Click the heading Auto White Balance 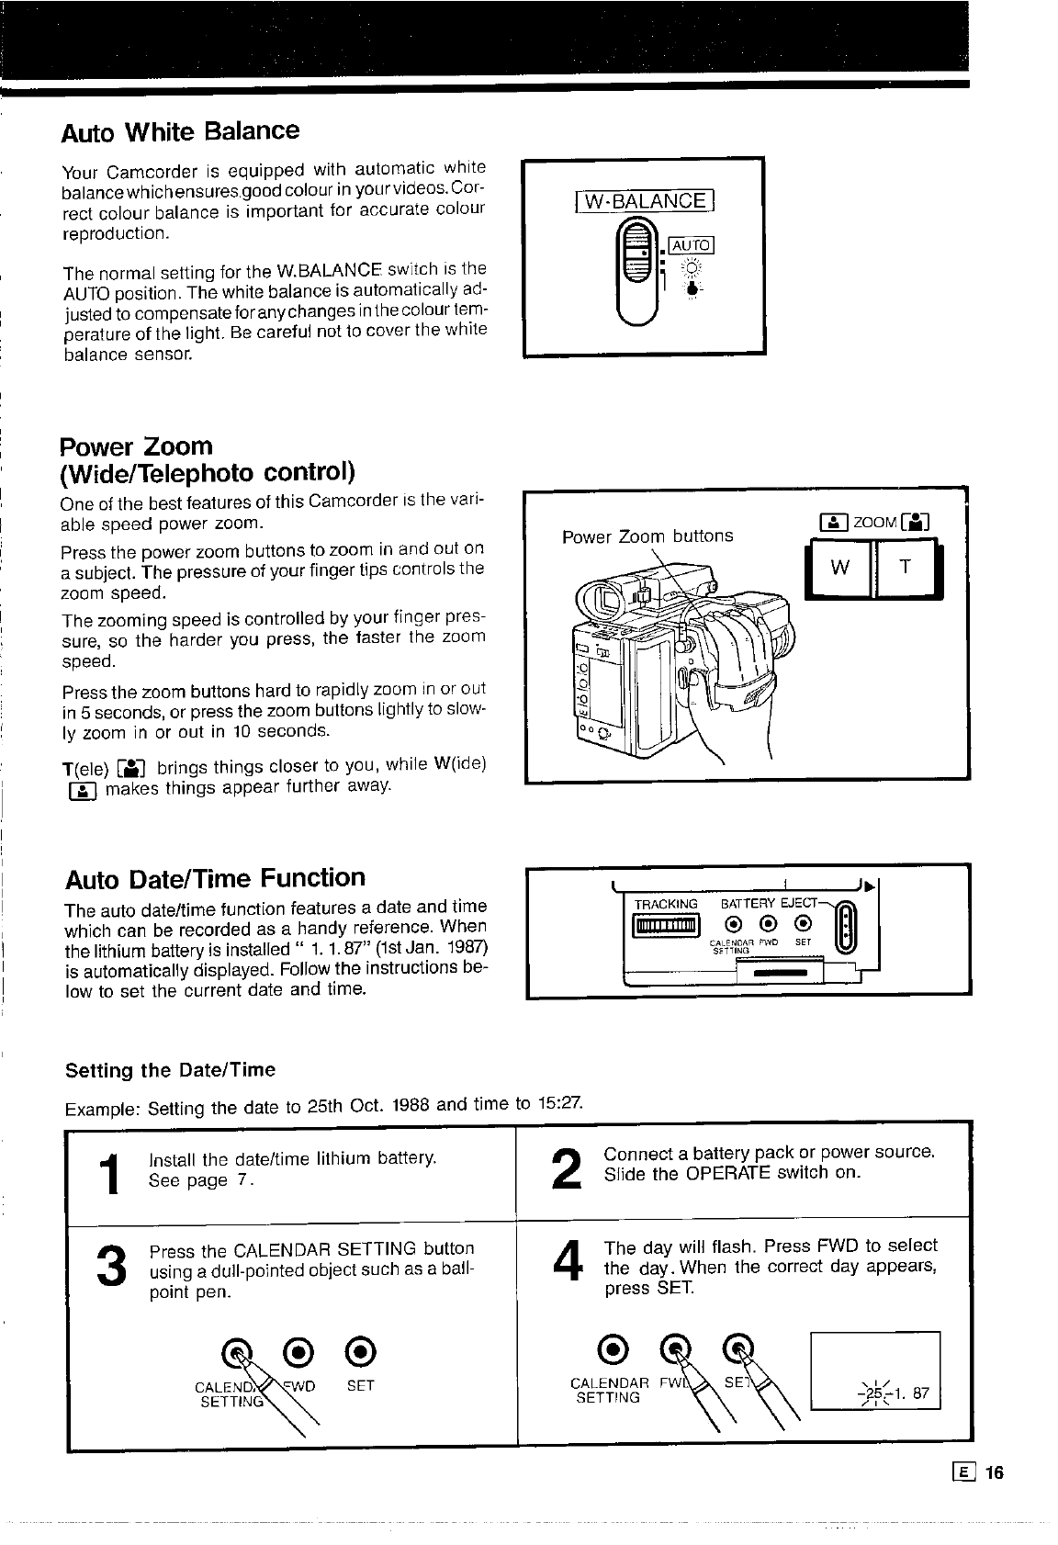click(180, 131)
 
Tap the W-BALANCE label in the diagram click(643, 201)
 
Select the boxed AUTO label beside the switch click(691, 244)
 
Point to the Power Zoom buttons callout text click(647, 536)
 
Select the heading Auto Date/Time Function click(215, 879)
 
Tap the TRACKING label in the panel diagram click(666, 904)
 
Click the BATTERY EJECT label click(769, 904)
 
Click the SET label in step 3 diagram click(360, 1385)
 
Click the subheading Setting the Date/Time click(170, 1070)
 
